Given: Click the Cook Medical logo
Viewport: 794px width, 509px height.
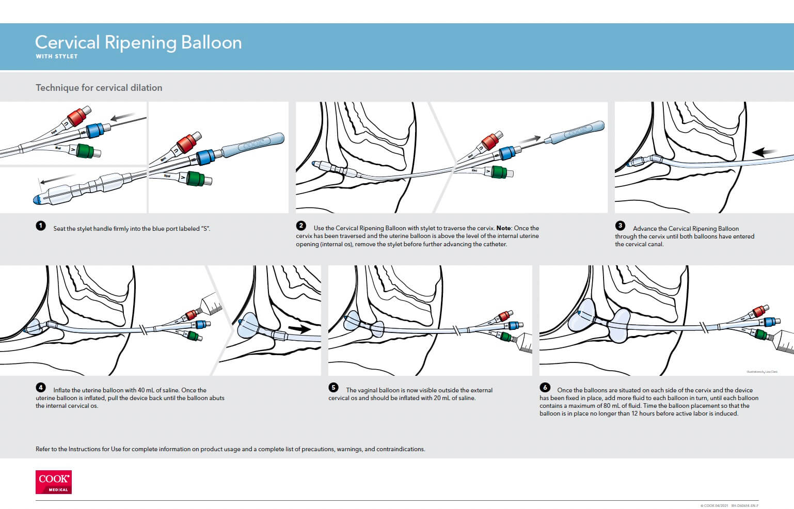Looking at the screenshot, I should tap(54, 482).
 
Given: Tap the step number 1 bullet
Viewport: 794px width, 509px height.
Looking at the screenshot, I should tap(41, 226).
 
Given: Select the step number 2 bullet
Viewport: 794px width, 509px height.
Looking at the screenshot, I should tap(301, 226).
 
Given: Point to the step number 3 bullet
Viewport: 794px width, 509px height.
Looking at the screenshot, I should tap(620, 226).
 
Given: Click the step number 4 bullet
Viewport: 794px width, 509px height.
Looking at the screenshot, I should tap(41, 388).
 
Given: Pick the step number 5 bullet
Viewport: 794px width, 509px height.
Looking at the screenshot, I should tap(334, 388).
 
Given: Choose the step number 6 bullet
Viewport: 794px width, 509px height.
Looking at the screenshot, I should tap(545, 387).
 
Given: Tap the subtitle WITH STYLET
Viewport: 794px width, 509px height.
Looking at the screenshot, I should tap(57, 56).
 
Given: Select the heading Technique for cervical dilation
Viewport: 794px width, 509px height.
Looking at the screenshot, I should tap(99, 88).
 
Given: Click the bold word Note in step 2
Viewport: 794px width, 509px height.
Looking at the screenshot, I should tap(503, 228).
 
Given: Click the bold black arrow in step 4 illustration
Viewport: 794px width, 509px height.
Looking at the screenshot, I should tap(299, 329).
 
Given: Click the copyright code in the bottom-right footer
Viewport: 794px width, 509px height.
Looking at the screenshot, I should tap(729, 506).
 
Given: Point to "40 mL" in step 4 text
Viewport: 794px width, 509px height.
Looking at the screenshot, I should tap(148, 390).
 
